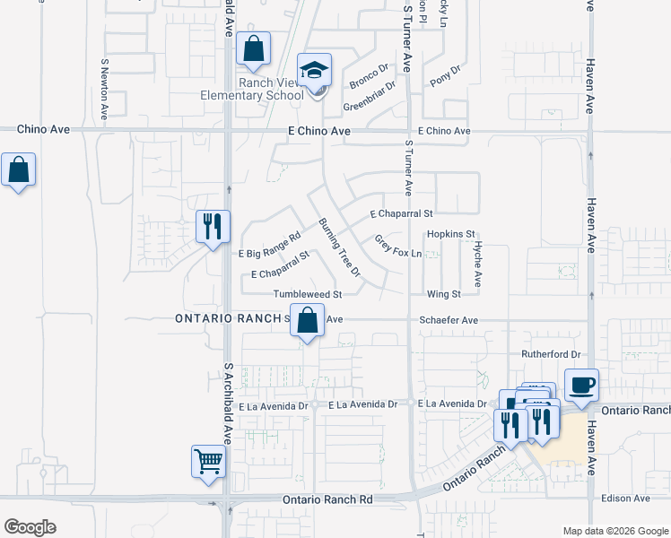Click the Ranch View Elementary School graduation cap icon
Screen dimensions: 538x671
315,70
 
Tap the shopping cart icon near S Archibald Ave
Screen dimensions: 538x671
208,462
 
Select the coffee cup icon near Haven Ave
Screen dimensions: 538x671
581,385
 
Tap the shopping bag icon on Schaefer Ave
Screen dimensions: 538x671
307,321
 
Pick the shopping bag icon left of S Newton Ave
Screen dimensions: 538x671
18,169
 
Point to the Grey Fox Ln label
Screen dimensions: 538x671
397,247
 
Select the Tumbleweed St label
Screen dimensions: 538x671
309,294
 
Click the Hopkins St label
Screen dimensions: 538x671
450,234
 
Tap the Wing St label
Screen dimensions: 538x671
444,294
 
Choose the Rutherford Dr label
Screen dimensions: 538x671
551,354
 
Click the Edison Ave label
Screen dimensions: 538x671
628,498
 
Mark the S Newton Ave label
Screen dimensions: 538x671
104,90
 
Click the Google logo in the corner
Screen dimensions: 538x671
30,526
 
